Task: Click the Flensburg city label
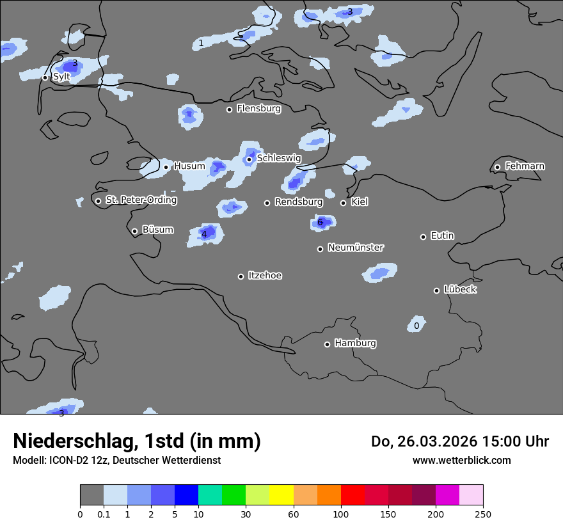pyautogui.click(x=258, y=109)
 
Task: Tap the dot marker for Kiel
pyautogui.click(x=344, y=203)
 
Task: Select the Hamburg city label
pyautogui.click(x=355, y=344)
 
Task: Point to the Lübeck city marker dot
pyautogui.click(x=437, y=290)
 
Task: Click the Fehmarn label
pyautogui.click(x=525, y=166)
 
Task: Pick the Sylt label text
pyautogui.click(x=61, y=77)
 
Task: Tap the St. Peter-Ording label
pyautogui.click(x=141, y=200)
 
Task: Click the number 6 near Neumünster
pyautogui.click(x=321, y=223)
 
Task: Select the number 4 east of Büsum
pyautogui.click(x=204, y=234)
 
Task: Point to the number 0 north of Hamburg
pyautogui.click(x=416, y=326)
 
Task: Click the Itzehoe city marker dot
pyautogui.click(x=241, y=276)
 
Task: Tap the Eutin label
pyautogui.click(x=442, y=236)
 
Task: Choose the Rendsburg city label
pyautogui.click(x=298, y=202)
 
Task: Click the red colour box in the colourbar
pyautogui.click(x=353, y=495)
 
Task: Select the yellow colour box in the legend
pyautogui.click(x=281, y=495)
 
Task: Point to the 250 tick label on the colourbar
pyautogui.click(x=483, y=514)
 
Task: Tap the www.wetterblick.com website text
pyautogui.click(x=461, y=460)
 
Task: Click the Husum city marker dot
pyautogui.click(x=166, y=167)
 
